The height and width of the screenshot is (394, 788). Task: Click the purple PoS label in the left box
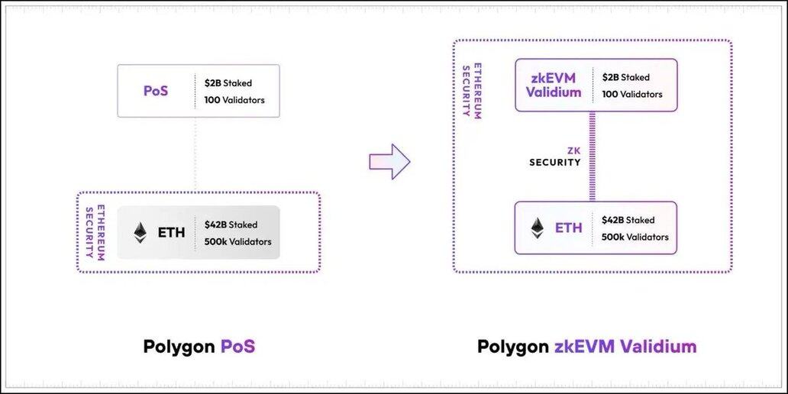156,91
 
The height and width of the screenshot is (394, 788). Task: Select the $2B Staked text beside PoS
228,82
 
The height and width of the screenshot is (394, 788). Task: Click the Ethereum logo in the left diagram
140,232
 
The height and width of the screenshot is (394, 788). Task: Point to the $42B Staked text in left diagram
231,224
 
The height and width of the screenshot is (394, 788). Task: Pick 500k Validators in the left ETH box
237,242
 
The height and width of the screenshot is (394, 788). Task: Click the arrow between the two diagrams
389,161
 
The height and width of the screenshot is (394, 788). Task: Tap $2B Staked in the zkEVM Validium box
625,77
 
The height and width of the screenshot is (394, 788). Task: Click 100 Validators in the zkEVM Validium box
631,95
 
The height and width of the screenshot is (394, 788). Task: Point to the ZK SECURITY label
555,157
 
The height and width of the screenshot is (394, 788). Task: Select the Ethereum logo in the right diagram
538,228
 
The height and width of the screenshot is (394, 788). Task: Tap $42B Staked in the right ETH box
628,220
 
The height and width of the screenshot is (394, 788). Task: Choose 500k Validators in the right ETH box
635,237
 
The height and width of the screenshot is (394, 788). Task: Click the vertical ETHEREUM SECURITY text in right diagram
468,89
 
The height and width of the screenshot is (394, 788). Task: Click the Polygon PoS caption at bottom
199,347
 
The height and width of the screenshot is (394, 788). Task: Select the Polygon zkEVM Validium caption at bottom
586,347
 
